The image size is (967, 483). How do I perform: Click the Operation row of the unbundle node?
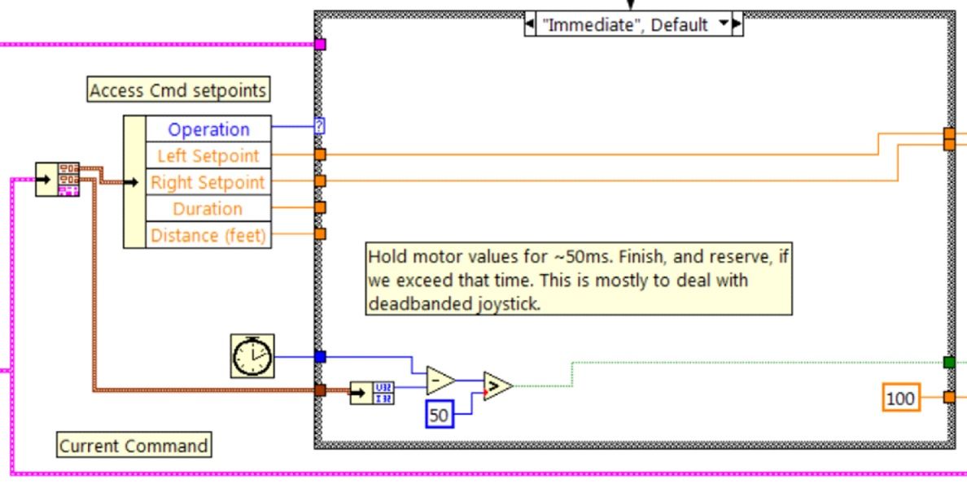[x=208, y=129]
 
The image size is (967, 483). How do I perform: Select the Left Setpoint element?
[x=208, y=155]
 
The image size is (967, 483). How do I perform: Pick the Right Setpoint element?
[x=208, y=182]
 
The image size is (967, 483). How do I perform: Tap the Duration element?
[x=208, y=209]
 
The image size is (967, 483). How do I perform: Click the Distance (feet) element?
[x=208, y=235]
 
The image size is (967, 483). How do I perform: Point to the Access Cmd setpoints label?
[x=178, y=90]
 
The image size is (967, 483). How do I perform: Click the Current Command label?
[x=133, y=446]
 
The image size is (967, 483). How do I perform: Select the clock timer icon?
[x=252, y=356]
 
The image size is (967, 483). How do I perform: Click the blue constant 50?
[x=439, y=416]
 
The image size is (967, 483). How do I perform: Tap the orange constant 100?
[x=900, y=398]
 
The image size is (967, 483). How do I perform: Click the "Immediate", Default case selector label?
[x=626, y=24]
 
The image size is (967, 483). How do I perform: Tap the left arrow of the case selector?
[x=529, y=24]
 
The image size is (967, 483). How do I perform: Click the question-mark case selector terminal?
[x=320, y=126]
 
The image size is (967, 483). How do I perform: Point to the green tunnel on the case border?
[x=948, y=362]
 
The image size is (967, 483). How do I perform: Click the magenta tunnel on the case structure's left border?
[x=320, y=45]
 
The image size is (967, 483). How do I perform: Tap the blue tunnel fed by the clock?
[x=320, y=356]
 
